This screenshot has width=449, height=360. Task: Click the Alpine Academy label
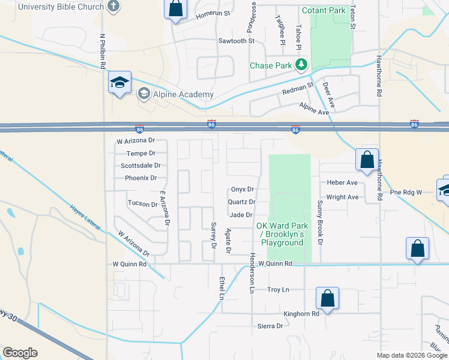coord(182,94)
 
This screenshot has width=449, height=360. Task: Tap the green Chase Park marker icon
coord(302,65)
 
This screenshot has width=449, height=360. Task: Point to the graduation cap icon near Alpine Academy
coord(119,83)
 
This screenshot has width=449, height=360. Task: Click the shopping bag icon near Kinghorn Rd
coord(327,298)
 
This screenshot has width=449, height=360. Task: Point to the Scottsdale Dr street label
coord(140,166)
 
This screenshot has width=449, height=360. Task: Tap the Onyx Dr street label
coord(243,189)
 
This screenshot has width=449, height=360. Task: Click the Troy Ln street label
coord(278,290)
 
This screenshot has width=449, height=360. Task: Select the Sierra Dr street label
coord(270,326)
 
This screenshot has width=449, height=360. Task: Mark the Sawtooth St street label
coord(237,41)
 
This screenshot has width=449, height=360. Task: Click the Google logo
coord(20,353)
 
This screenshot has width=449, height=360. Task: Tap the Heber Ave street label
coord(342,182)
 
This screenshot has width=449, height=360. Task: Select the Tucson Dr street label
coord(142,203)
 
